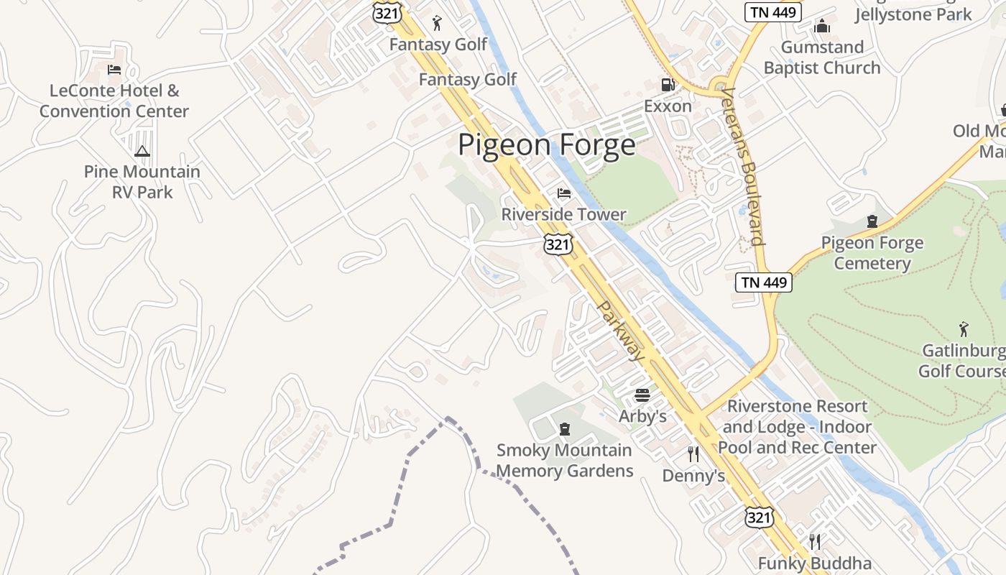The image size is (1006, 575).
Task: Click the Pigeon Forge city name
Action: pos(546,145)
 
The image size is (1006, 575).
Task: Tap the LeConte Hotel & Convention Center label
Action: pos(114,101)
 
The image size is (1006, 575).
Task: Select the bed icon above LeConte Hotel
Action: pos(114,70)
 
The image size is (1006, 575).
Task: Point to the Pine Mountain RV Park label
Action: pos(142,182)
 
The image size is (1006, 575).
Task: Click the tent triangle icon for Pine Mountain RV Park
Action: pos(142,151)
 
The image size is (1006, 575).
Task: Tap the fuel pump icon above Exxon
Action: pos(668,85)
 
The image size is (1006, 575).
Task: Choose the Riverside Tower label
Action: pos(563,214)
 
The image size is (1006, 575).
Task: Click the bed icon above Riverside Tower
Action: pos(564,193)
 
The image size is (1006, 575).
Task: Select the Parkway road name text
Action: pos(621,331)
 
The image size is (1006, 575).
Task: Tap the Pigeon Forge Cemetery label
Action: pos(872,253)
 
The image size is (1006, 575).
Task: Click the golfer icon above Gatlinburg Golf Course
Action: pos(964,329)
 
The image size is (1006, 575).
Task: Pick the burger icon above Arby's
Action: pos(642,395)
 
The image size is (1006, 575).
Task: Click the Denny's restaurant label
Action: pos(693,476)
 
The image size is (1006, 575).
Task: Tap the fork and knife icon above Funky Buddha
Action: pos(814,541)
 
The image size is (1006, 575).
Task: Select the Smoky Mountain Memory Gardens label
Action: pos(565,461)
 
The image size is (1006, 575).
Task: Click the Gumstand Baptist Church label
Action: pos(822,57)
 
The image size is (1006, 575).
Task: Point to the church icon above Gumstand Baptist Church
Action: pos(822,27)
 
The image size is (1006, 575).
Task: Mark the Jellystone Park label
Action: pos(913,14)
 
